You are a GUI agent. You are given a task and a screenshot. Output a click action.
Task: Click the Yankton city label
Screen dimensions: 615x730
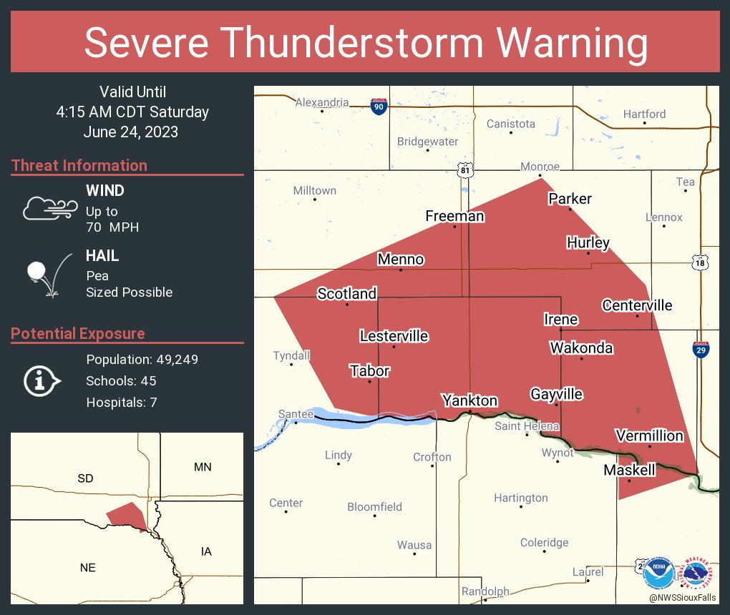pyautogui.click(x=469, y=400)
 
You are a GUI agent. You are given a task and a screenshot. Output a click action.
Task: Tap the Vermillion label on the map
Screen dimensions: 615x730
pyautogui.click(x=649, y=436)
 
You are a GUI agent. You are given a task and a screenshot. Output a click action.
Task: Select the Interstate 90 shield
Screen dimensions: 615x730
pyautogui.click(x=379, y=107)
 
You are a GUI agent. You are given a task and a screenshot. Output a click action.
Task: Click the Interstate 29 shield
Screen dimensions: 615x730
pyautogui.click(x=701, y=350)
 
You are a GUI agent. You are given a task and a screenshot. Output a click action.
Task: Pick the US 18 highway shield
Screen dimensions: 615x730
pyautogui.click(x=701, y=262)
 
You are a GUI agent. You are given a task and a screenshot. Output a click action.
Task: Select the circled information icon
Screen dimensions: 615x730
pyautogui.click(x=42, y=380)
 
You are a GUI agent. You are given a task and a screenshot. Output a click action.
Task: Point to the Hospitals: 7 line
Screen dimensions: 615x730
pyautogui.click(x=121, y=403)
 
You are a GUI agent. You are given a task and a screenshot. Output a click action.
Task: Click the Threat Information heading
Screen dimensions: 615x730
pyautogui.click(x=79, y=166)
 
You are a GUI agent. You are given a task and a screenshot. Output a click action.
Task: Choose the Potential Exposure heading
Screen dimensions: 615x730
pyautogui.click(x=78, y=334)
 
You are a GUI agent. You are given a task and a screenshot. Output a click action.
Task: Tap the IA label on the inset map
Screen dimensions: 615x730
pyautogui.click(x=206, y=551)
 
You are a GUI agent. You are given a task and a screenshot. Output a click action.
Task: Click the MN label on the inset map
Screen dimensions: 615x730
pyautogui.click(x=203, y=468)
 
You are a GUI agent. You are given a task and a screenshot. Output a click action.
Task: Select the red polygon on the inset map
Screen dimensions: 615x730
pyautogui.click(x=127, y=515)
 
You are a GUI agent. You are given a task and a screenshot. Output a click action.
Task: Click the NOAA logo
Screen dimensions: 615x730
pyautogui.click(x=658, y=572)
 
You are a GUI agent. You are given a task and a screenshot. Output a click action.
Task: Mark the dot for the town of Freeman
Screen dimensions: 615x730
pyautogui.click(x=454, y=227)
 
